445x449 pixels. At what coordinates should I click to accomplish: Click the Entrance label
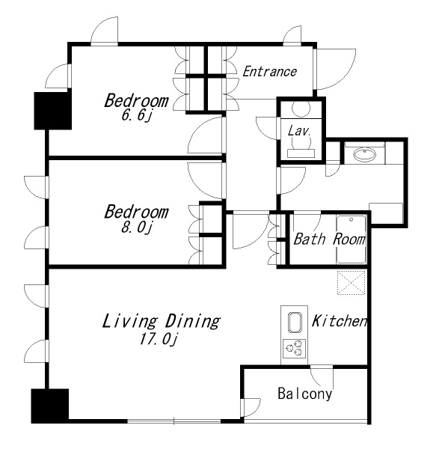269,72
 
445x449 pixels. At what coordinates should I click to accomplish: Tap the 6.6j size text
136,115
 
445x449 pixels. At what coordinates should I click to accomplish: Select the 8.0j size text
136,227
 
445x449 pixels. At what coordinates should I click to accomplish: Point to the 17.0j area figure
159,339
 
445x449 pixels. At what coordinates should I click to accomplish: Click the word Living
129,321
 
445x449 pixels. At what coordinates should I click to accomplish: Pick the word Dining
193,321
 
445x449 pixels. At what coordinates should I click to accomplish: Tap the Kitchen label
339,321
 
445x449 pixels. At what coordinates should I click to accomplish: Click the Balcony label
305,394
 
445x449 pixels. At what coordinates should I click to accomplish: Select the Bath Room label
330,239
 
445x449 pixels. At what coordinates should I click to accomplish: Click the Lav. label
299,131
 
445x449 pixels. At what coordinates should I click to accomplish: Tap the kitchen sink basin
295,323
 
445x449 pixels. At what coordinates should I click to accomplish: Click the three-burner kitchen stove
294,348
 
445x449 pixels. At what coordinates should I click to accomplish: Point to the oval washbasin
364,155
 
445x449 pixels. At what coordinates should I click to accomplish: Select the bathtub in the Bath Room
351,239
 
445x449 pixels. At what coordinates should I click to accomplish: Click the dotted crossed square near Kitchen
352,283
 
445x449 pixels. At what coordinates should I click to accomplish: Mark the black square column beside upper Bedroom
52,111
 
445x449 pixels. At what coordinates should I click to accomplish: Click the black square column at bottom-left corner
50,406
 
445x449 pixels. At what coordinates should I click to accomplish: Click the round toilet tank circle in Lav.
301,109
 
